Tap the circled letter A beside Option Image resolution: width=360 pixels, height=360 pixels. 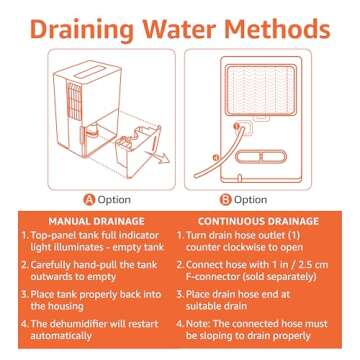pyautogui.click(x=89, y=200)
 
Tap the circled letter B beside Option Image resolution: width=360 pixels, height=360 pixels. pyautogui.click(x=225, y=200)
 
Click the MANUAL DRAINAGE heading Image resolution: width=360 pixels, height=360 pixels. pyautogui.click(x=97, y=221)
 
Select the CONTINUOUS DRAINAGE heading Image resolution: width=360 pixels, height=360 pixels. pyautogui.click(x=258, y=221)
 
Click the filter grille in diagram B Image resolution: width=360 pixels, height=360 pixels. pyautogui.click(x=260, y=88)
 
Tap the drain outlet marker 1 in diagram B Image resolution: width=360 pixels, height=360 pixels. pyautogui.click(x=236, y=126)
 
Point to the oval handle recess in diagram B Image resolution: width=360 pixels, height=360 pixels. pyautogui.click(x=261, y=156)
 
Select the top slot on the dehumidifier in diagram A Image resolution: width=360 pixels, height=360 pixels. pyautogui.click(x=89, y=72)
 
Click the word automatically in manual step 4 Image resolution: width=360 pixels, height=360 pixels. pyautogui.click(x=61, y=336)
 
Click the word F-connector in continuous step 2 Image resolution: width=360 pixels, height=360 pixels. pyautogui.click(x=214, y=277)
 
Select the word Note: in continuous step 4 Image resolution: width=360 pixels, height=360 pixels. pyautogui.click(x=198, y=324)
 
